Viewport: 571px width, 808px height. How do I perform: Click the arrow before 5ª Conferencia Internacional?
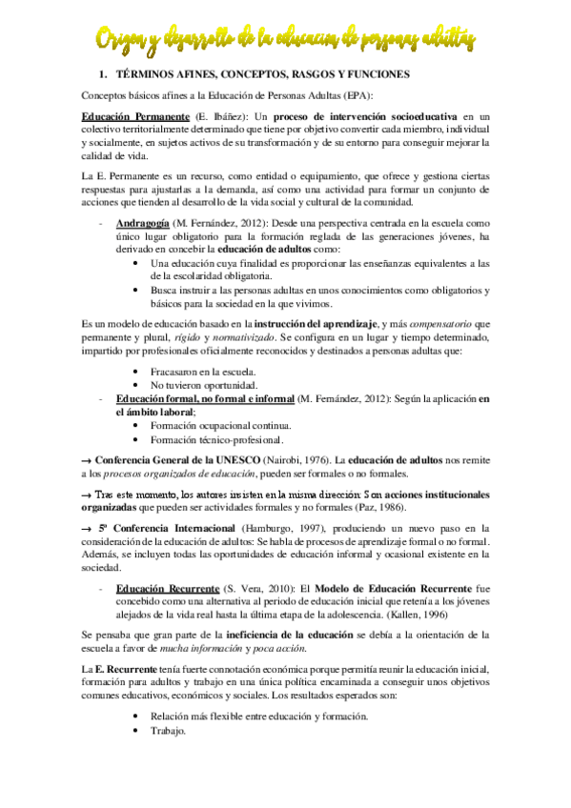coord(85,528)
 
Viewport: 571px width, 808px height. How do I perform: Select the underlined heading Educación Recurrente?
coord(166,589)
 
